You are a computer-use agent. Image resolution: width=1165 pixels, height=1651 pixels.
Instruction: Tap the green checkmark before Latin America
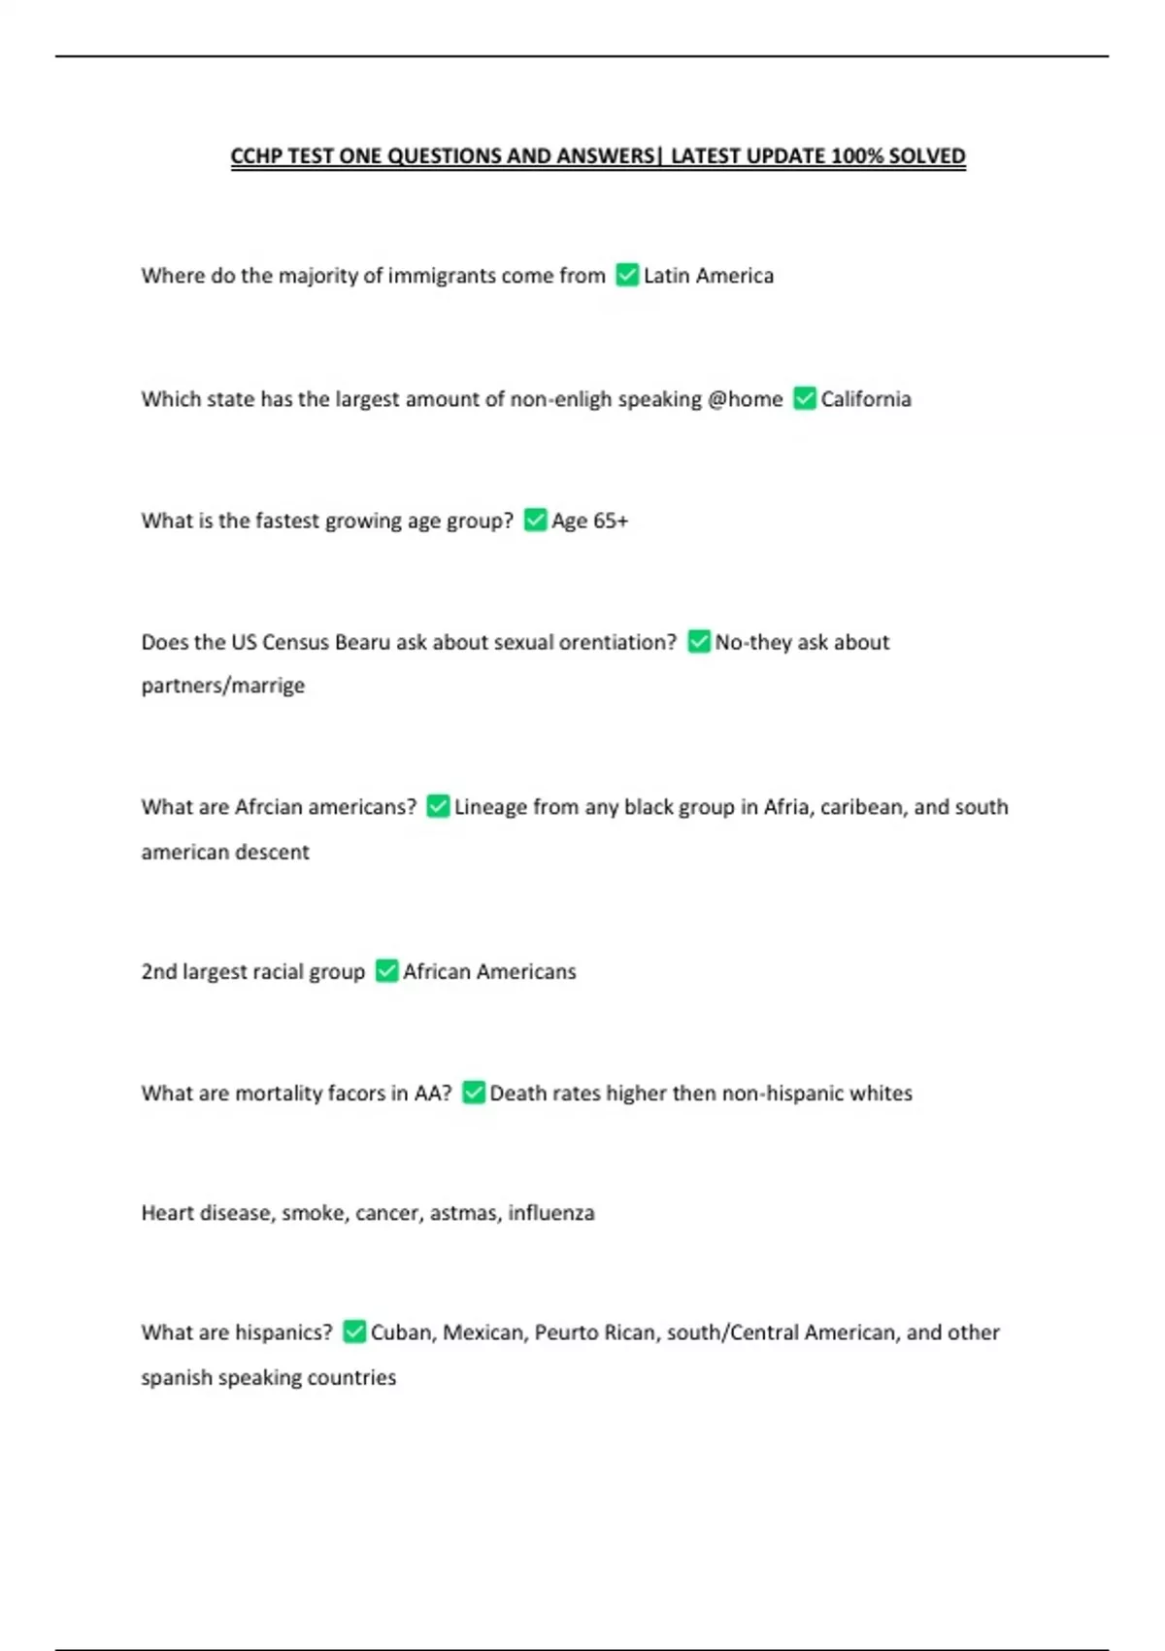[627, 275]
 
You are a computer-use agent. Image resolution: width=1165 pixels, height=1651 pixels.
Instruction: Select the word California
[866, 399]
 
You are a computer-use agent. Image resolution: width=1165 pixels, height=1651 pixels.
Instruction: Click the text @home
[745, 399]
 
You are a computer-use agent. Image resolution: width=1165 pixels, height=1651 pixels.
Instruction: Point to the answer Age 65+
[589, 521]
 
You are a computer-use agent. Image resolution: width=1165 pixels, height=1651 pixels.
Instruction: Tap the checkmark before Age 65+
[535, 520]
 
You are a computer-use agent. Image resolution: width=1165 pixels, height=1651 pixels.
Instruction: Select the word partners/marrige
[222, 686]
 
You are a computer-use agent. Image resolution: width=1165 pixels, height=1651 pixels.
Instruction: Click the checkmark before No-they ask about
[699, 641]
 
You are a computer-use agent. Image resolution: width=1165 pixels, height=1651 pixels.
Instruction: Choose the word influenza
[551, 1213]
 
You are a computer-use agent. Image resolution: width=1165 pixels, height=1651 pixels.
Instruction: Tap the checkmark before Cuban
[354, 1331]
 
